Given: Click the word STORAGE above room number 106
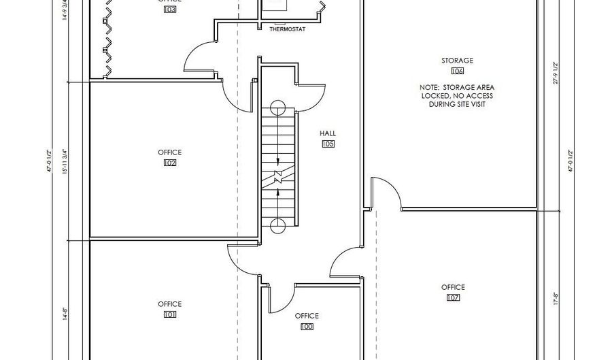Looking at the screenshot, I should pos(457,61).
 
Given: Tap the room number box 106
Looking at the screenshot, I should pos(457,71).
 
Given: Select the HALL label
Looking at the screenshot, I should pos(328,134).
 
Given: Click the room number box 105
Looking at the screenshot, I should pos(328,144).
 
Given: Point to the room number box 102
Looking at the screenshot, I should pos(170,163).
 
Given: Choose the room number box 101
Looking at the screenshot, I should pos(170,314).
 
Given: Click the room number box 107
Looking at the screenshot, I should pos(453,297).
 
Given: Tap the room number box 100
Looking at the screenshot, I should pos(307,327).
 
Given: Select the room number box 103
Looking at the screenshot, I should pos(170,10).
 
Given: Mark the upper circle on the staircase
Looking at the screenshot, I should pos(277,108).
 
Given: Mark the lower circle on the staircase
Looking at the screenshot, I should pos(277,226).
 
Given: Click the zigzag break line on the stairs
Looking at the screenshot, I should pos(278,178).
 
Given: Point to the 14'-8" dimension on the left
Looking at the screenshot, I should pos(65,314).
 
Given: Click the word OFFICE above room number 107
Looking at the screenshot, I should pos(453,287).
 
